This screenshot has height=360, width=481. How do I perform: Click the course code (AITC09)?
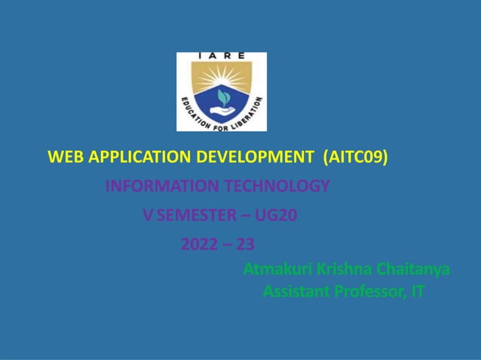[355, 157]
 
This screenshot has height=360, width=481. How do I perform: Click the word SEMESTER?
[196, 215]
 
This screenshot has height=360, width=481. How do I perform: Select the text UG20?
[277, 215]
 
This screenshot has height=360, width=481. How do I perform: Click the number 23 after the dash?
[245, 245]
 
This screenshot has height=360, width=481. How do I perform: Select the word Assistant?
[296, 291]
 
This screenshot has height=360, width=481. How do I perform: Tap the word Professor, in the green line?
[369, 291]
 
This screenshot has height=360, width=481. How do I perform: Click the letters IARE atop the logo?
[221, 56]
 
